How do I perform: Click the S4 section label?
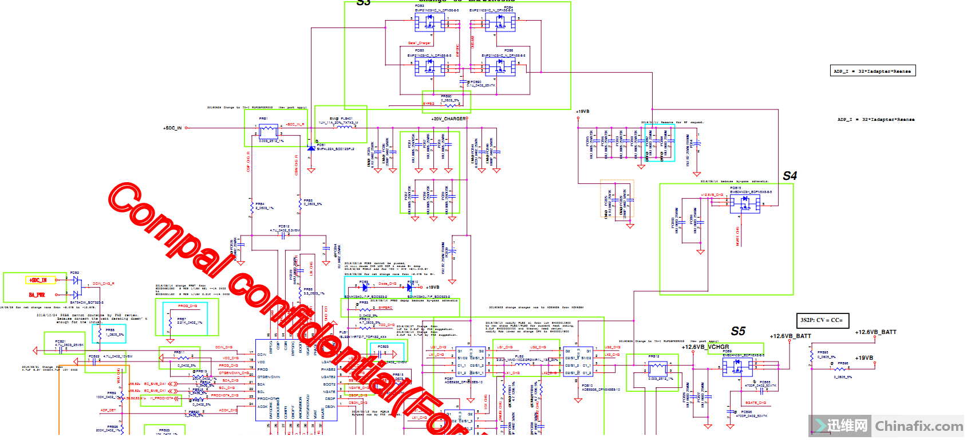tap(790, 176)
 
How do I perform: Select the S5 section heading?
tap(738, 331)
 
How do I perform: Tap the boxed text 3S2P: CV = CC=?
tap(822, 320)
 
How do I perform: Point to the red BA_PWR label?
tap(37, 295)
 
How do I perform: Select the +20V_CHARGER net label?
tap(448, 119)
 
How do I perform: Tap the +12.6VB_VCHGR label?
tap(705, 347)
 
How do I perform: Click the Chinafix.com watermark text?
tap(918, 426)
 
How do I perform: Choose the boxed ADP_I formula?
tap(873, 71)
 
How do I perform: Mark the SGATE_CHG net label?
tap(755, 403)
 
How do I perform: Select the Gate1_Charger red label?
tap(419, 43)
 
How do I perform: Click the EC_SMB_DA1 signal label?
tap(155, 384)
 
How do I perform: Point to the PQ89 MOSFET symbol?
tap(737, 367)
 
